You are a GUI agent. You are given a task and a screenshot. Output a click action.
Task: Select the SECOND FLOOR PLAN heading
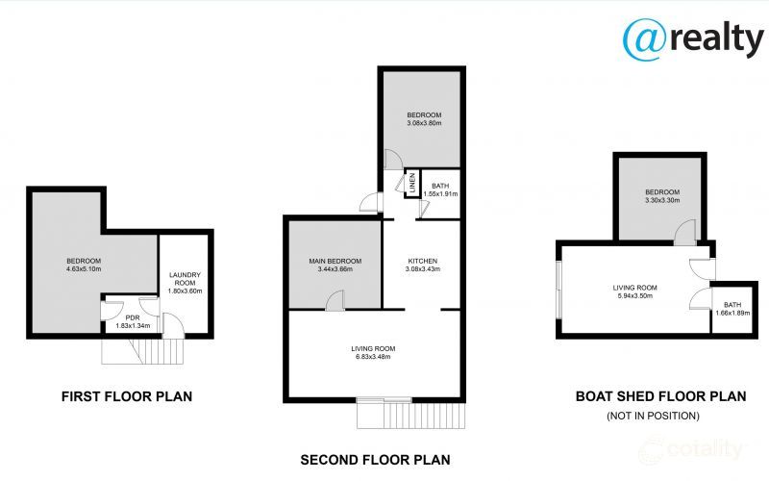(375, 460)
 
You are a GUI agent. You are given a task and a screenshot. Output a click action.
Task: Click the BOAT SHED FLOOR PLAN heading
(659, 395)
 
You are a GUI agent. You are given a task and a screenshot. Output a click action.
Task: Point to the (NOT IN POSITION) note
(653, 416)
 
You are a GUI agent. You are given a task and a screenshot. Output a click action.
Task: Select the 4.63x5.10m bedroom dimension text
(84, 269)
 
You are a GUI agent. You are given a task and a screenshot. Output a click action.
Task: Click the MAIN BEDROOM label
(335, 261)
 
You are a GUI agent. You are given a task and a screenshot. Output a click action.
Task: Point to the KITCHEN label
(423, 261)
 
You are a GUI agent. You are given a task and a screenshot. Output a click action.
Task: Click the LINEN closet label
(411, 183)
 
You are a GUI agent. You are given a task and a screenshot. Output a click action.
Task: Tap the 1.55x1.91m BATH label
(440, 190)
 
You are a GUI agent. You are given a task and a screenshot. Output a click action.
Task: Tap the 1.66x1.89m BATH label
(732, 309)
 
